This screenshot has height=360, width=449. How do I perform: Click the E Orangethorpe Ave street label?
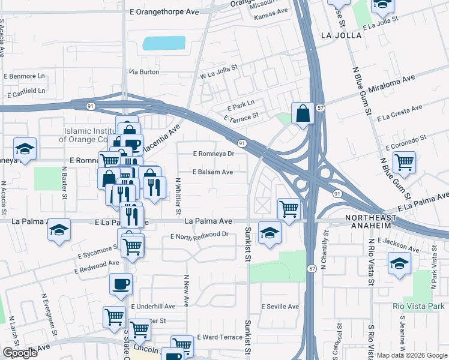tap(164, 11)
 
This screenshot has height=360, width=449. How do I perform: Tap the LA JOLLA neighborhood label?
tap(342, 35)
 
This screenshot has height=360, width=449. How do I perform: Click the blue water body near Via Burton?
tap(164, 43)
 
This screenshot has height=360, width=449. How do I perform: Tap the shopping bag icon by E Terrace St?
tap(302, 113)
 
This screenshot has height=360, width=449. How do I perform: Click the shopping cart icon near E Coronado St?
tap(405, 161)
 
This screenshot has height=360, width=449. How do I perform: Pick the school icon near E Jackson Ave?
tap(399, 264)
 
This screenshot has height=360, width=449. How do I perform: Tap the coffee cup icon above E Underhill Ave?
tap(121, 284)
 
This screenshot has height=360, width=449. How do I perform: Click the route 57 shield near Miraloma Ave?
tap(321, 108)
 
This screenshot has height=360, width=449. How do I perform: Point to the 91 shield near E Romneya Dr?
tap(241, 143)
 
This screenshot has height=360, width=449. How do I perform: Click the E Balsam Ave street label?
tap(212, 172)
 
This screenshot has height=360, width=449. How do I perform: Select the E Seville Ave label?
tap(280, 307)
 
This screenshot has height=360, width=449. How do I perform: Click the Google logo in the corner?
tap(20, 353)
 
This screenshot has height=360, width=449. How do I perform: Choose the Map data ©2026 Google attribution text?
tap(411, 355)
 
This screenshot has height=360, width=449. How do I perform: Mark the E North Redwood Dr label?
tap(199, 235)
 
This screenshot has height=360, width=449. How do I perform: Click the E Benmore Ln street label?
tap(25, 77)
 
